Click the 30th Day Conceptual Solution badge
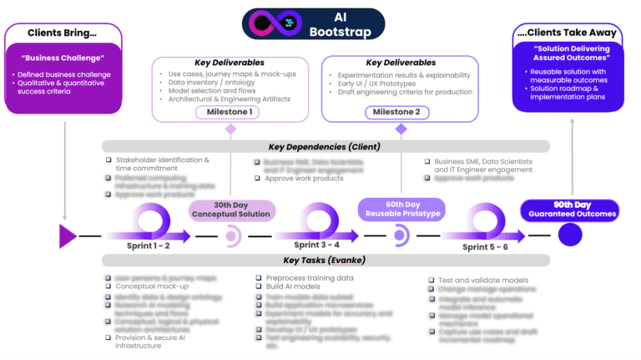(x=231, y=209)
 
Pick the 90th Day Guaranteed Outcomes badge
(x=570, y=209)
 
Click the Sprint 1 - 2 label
(x=148, y=246)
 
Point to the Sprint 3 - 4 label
(x=316, y=245)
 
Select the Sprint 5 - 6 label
(x=485, y=248)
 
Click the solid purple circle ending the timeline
(x=570, y=236)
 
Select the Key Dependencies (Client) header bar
(x=326, y=146)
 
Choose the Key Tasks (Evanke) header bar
(x=326, y=261)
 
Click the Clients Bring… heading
(x=63, y=33)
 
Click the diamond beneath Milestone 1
(x=230, y=129)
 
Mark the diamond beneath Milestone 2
(x=401, y=129)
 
